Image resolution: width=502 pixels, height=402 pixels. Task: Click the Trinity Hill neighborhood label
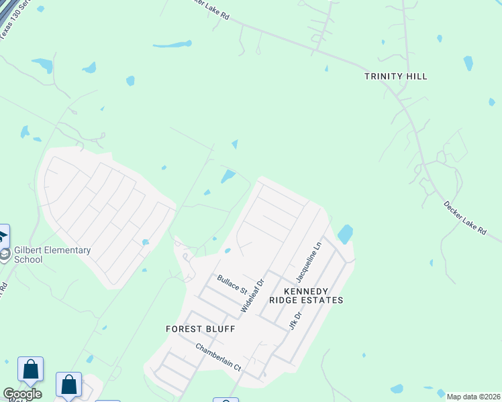(x=395, y=76)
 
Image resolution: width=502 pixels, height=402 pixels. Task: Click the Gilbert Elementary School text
(x=52, y=255)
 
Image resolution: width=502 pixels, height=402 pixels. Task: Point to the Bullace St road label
(x=232, y=283)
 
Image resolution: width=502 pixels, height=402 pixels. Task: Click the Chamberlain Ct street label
(x=217, y=356)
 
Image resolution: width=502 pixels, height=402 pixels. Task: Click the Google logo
(x=22, y=394)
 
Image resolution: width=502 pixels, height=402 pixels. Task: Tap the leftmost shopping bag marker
(x=30, y=369)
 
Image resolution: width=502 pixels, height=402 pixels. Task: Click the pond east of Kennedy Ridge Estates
(x=345, y=234)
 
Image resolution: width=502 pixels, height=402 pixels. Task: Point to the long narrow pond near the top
(x=172, y=45)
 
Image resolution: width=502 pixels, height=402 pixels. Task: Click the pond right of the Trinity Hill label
(x=468, y=63)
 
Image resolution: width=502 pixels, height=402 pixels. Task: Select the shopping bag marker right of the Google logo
(x=68, y=385)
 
